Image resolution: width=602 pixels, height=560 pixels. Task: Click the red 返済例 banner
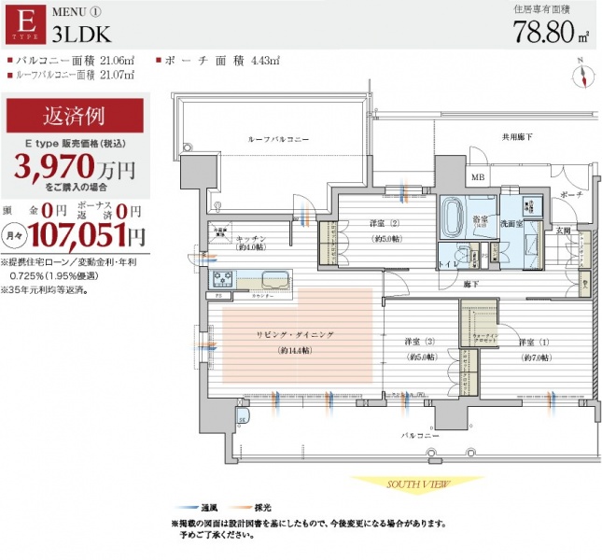(75, 118)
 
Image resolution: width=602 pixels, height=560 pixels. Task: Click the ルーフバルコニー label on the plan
(277, 138)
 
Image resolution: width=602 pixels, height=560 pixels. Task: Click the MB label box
(477, 177)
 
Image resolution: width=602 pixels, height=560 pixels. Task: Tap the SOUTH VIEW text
(416, 484)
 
